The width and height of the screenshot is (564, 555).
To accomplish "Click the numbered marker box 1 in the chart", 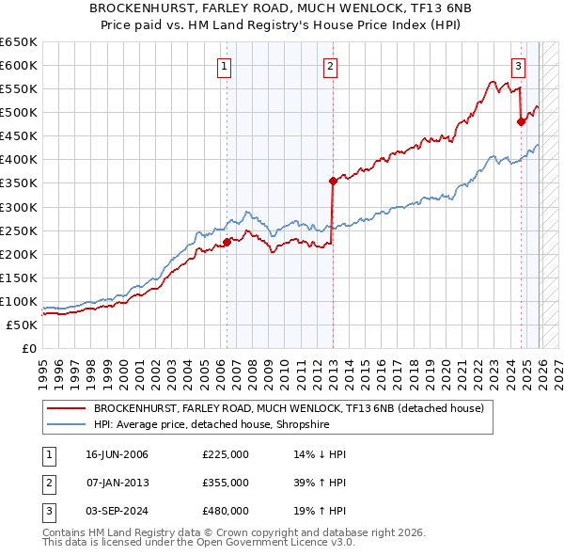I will tap(226, 66).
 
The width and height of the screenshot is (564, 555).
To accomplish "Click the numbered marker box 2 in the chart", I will tap(331, 66).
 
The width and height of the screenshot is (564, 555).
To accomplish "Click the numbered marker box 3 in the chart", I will tap(518, 66).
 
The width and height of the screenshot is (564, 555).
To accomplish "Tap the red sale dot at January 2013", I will tap(333, 180).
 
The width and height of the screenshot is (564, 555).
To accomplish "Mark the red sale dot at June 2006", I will tap(227, 242).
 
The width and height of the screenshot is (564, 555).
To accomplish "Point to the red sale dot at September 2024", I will tap(521, 120).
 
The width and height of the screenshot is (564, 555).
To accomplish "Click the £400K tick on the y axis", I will tap(19, 159).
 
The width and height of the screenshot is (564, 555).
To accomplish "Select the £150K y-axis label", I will tap(19, 277).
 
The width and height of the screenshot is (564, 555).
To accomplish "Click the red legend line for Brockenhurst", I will tap(66, 408).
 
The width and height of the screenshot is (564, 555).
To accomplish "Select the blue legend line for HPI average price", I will tap(66, 424).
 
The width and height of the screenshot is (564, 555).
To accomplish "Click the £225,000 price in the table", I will tap(225, 454).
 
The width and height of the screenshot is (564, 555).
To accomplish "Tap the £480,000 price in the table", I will tap(225, 511).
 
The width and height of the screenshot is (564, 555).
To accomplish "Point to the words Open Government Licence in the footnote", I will tap(280, 543).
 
